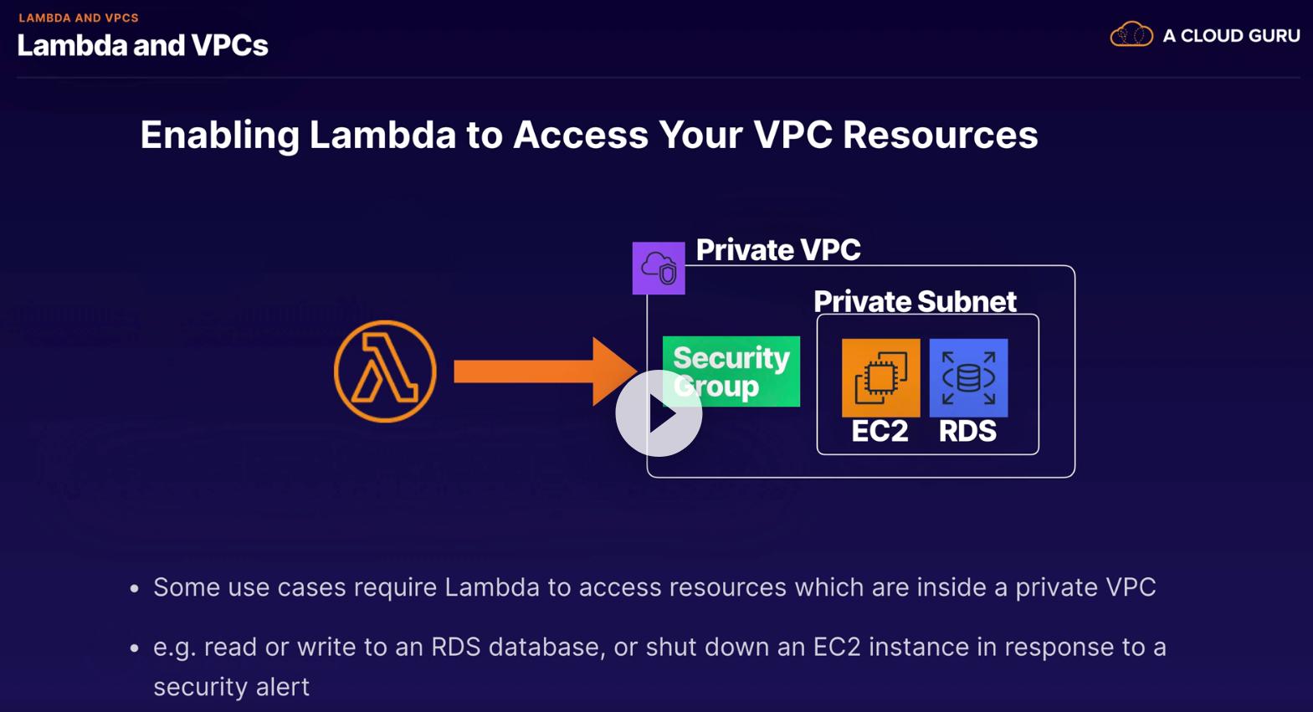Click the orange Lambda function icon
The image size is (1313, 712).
click(x=385, y=371)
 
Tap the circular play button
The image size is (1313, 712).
click(x=659, y=413)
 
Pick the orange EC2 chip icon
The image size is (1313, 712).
click(x=880, y=377)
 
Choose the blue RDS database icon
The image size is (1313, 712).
click(x=968, y=377)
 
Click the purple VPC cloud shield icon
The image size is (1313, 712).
click(x=659, y=269)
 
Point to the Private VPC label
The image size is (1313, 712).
click(x=778, y=249)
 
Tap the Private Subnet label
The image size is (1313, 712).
click(x=915, y=301)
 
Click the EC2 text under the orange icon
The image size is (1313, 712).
click(x=880, y=431)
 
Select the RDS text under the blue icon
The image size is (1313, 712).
click(x=967, y=431)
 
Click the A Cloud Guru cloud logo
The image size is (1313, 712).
click(x=1131, y=35)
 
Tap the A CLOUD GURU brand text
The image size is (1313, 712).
click(x=1231, y=36)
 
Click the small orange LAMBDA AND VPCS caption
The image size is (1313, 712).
click(x=79, y=18)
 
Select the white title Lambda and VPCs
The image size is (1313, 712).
click(x=142, y=45)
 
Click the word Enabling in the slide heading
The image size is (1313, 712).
click(x=219, y=135)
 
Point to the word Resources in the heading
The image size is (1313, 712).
click(x=940, y=135)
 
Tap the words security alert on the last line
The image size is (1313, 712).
click(x=231, y=687)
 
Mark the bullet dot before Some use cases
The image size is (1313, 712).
click(x=135, y=589)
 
